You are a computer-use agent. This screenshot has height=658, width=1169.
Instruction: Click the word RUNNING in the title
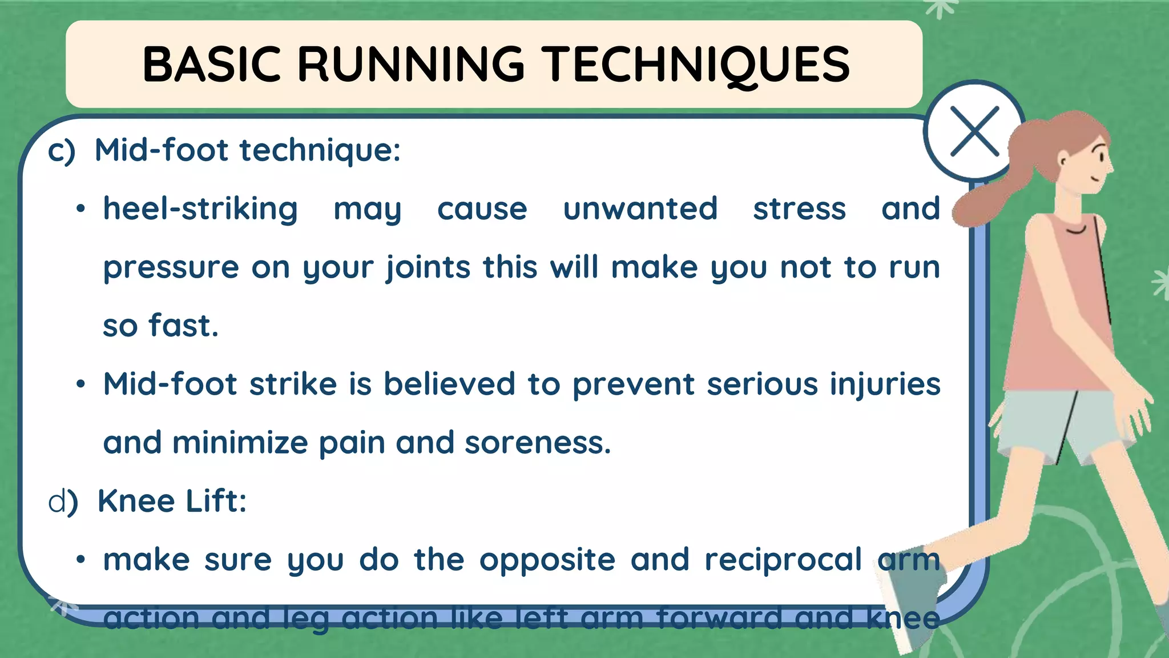pos(410,65)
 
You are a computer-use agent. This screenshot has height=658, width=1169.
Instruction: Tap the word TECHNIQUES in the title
pos(695,65)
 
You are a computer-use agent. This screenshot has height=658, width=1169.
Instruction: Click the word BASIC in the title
pos(212,65)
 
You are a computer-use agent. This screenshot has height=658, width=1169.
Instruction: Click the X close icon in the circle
pos(974,131)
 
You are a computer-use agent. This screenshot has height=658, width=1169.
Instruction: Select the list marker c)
pos(62,151)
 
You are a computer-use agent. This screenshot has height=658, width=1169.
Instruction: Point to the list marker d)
pos(63,501)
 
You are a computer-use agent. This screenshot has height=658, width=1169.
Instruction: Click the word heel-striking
pos(200,209)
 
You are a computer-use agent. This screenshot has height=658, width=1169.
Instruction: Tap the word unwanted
pos(640,209)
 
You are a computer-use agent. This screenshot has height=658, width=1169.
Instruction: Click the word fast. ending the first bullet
pos(183,326)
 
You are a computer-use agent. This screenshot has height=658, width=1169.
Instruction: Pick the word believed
pos(449,384)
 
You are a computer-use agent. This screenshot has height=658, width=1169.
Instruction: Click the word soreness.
pos(537,443)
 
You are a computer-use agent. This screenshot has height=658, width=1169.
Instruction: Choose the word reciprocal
pos(783,560)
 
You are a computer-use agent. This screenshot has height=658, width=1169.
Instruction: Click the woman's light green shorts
pos(1056,423)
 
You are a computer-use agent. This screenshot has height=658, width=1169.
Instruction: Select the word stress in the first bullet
pos(799,209)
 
